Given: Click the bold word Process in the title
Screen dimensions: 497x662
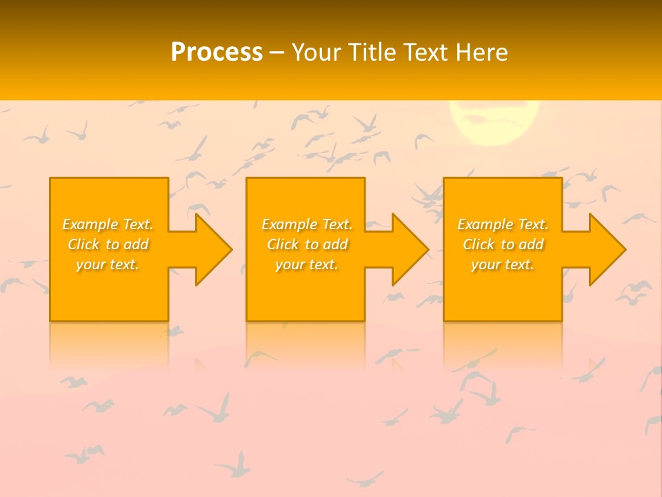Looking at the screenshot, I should coord(217,52).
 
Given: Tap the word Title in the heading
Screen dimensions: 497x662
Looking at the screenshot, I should coord(374,52).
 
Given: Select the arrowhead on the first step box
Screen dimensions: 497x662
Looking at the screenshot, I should coord(211,249).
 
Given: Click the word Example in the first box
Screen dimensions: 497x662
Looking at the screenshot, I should coord(90,225).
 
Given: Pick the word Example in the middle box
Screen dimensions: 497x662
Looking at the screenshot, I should coord(289,225).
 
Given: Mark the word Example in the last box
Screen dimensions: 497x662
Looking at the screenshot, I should coord(485,225).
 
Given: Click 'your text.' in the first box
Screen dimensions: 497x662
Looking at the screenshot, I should coord(108,264).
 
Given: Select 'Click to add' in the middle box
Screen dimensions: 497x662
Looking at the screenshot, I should coord(307,245).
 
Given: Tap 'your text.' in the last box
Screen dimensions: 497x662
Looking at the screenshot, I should coord(503,264).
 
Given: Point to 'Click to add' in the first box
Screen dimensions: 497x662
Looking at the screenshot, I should coord(108,245).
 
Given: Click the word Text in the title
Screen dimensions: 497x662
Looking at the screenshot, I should coord(428,52).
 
